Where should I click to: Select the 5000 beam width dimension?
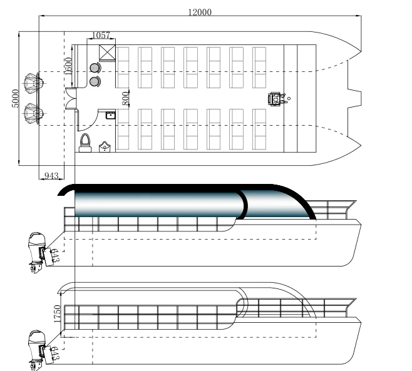point(15,97)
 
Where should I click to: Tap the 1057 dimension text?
point(102,35)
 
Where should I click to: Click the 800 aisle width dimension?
point(125,98)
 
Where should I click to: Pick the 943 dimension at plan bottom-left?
point(51,175)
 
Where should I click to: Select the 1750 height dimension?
point(58,313)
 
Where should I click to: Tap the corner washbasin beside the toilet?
point(105,147)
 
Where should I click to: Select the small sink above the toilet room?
point(110,114)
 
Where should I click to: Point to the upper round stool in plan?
point(95,68)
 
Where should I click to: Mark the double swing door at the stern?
point(70,98)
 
